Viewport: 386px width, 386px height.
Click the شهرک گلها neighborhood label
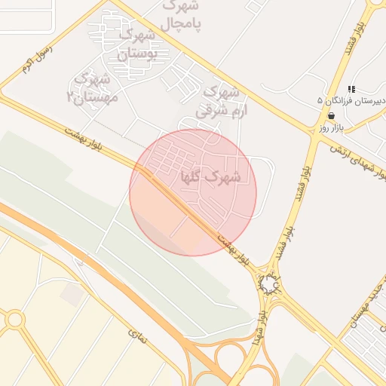tap(211, 178)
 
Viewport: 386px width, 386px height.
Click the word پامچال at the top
tap(182, 23)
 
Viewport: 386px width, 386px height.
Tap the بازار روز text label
tap(331, 128)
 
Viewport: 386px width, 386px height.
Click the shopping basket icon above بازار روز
tap(331, 115)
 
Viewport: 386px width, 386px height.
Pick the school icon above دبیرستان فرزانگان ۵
tap(351, 89)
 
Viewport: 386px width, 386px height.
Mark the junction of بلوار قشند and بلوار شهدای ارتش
tap(314, 136)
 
